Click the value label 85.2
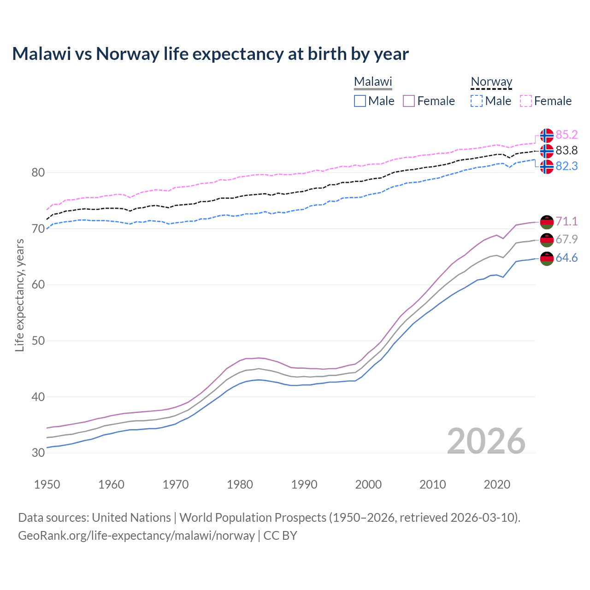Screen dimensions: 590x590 click(566, 135)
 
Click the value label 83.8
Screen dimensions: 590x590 click(566, 151)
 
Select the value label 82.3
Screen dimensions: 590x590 click(566, 166)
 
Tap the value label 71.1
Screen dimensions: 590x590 click(566, 222)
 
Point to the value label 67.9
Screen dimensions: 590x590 click(566, 240)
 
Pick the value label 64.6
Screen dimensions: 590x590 click(566, 258)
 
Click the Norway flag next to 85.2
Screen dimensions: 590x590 click(547, 136)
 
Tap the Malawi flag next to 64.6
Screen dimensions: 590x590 click(547, 259)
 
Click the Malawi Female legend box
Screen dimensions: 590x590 click(409, 101)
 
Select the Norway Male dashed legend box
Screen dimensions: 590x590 click(477, 101)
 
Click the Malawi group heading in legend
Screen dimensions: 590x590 click(373, 82)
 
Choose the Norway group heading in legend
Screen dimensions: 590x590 click(491, 82)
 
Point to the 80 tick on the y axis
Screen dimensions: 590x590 click(38, 173)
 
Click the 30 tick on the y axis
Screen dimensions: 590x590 click(38, 453)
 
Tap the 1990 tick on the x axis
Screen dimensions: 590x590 click(304, 484)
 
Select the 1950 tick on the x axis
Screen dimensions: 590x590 click(47, 484)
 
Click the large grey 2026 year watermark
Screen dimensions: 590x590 click(486, 442)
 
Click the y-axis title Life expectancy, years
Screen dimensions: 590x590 click(19, 295)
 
